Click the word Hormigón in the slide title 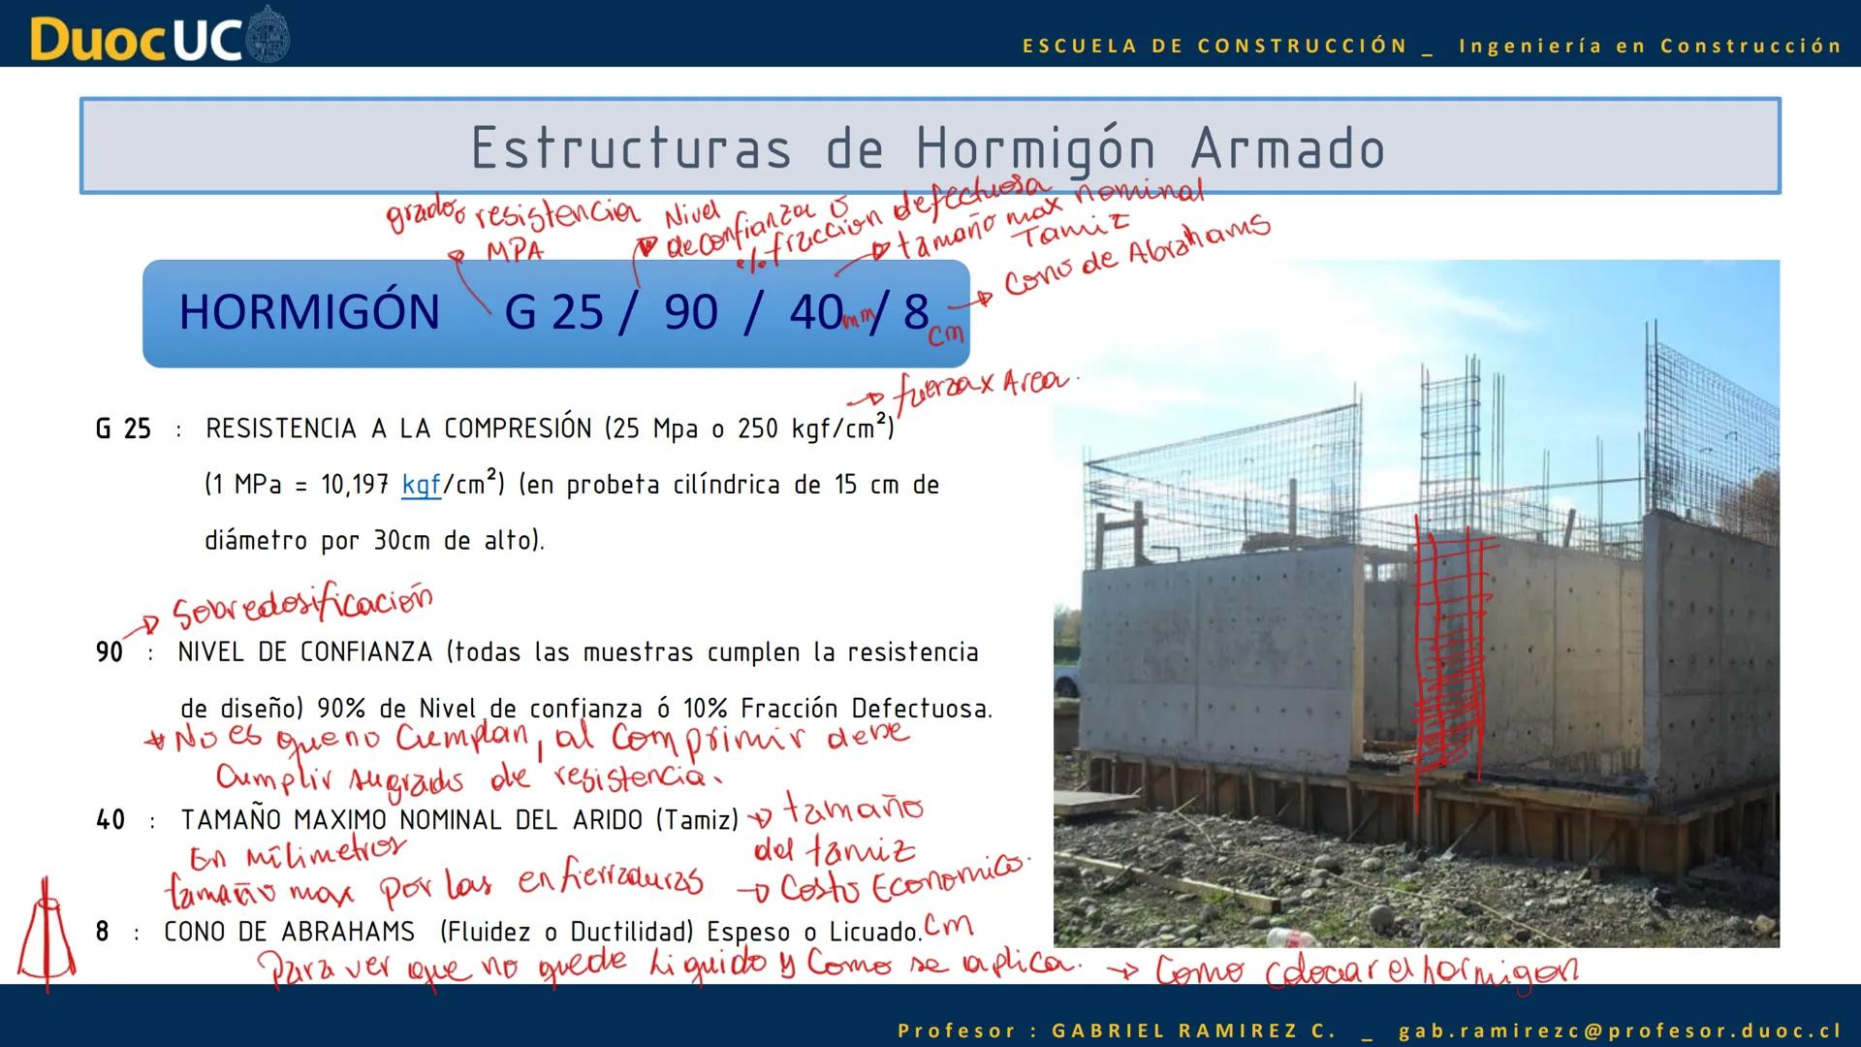1035,149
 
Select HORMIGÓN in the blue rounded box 309,312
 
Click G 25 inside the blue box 553,312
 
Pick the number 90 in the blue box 690,312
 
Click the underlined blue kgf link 421,484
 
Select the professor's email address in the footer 1620,1031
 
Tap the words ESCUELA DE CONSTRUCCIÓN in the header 1214,46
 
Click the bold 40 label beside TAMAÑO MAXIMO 110,820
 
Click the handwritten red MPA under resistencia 514,251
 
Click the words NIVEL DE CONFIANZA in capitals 304,652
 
